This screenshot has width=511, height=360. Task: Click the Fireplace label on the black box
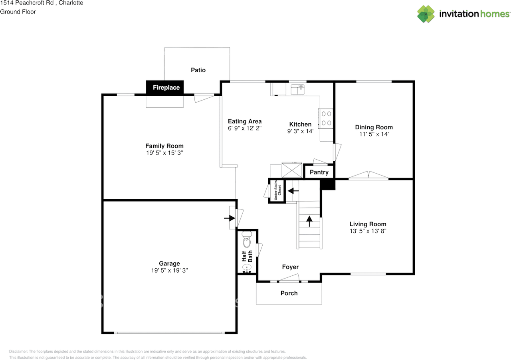click(166, 87)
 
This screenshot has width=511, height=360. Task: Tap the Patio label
click(198, 70)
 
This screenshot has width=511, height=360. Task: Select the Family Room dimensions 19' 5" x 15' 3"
click(164, 153)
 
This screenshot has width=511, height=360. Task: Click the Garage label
click(169, 263)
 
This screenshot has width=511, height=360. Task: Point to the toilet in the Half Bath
click(247, 240)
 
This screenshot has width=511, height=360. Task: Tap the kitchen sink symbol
click(297, 89)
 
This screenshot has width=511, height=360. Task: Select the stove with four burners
click(325, 119)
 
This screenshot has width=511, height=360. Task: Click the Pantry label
click(319, 172)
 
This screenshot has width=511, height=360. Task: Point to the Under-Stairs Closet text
click(277, 192)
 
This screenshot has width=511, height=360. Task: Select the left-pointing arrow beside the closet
click(293, 191)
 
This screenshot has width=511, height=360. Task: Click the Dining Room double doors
click(368, 175)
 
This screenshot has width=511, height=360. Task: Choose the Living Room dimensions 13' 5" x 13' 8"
click(368, 231)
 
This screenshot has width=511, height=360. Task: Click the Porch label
click(289, 293)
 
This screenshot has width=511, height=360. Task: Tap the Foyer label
click(290, 267)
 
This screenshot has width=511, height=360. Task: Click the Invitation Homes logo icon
click(426, 14)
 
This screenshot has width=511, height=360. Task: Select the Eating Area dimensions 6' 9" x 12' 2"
click(245, 129)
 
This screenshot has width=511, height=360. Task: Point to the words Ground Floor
click(18, 12)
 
